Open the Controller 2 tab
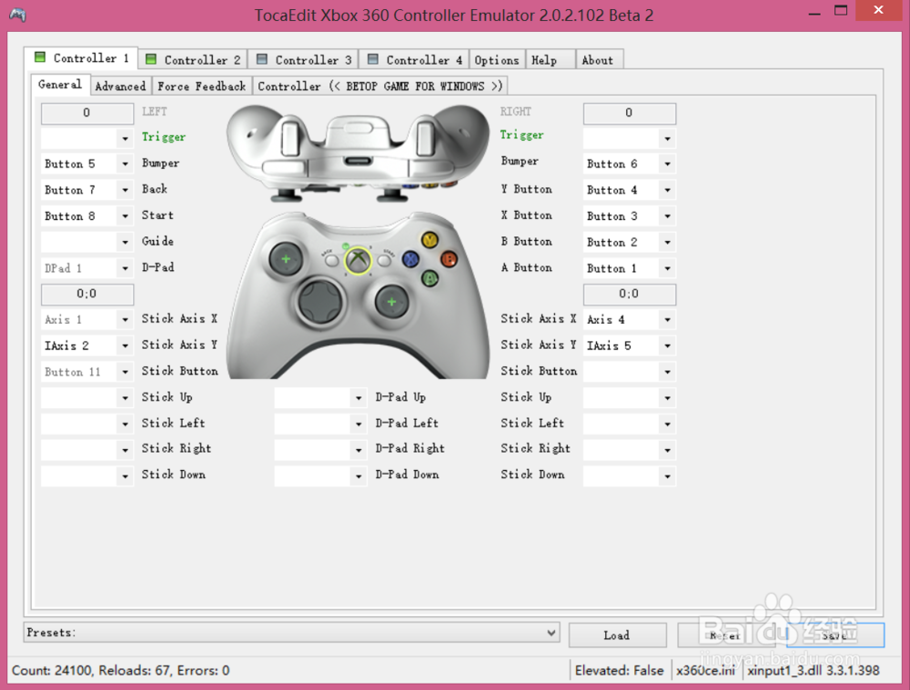click(192, 60)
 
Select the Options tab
click(496, 60)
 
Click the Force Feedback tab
click(201, 86)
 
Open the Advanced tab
click(120, 86)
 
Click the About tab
click(597, 60)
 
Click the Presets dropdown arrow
click(551, 633)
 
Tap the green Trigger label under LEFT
click(164, 137)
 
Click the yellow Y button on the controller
click(430, 241)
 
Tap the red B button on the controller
click(448, 258)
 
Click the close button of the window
click(877, 11)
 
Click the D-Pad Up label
click(400, 397)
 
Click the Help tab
click(544, 60)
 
